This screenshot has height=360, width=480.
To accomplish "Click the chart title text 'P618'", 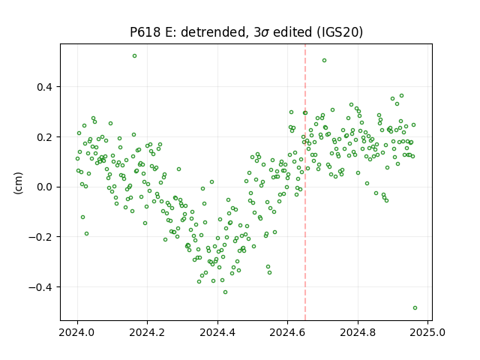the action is click(145, 31).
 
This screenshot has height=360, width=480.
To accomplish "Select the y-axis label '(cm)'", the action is click(18, 183).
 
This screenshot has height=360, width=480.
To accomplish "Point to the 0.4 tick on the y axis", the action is click(45, 87).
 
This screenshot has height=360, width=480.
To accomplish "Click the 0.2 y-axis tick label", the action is click(45, 136).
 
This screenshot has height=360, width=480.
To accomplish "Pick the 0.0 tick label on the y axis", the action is click(45, 187).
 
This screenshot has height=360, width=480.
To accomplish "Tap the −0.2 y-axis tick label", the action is click(40, 237).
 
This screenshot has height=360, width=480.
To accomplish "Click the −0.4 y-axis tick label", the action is click(40, 287).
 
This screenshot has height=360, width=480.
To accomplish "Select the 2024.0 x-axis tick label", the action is click(77, 332).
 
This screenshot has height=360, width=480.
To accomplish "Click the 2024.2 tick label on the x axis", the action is click(147, 332).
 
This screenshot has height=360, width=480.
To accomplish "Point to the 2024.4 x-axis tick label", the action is click(217, 332).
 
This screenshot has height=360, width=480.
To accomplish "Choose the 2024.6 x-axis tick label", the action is click(287, 332).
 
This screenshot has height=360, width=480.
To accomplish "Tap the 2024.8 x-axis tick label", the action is click(358, 332).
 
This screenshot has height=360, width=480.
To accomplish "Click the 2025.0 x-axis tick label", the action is click(427, 332).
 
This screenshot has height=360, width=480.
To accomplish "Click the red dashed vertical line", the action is click(305, 182).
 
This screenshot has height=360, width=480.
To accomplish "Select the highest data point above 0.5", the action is click(134, 56).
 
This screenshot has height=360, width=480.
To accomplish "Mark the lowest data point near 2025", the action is click(415, 308).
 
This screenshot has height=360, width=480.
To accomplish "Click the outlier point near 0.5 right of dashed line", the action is click(325, 61).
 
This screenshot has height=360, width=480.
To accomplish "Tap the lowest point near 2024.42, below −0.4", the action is click(225, 292).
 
